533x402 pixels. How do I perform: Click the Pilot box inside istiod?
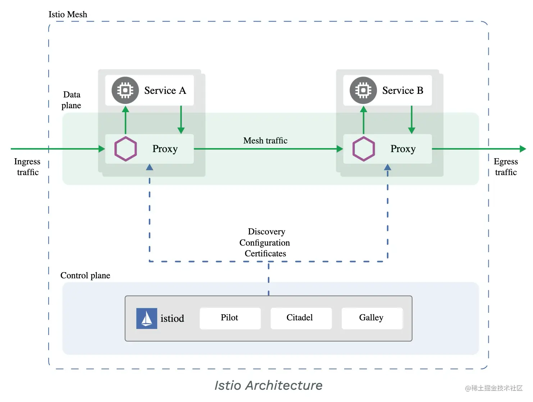pyautogui.click(x=230, y=318)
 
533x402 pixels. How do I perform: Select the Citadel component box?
pyautogui.click(x=301, y=318)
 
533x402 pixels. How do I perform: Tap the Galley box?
pyautogui.click(x=372, y=318)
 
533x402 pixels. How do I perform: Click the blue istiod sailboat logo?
pyautogui.click(x=146, y=318)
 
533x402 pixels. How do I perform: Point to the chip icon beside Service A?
pyautogui.click(x=125, y=90)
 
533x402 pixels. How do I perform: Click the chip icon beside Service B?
pyautogui.click(x=363, y=90)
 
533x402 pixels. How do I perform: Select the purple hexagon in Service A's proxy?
pyautogui.click(x=125, y=149)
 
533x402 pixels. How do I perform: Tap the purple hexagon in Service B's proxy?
pyautogui.click(x=363, y=149)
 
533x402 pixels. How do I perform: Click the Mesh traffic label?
pyautogui.click(x=265, y=141)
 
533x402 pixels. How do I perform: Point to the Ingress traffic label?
pyautogui.click(x=27, y=167)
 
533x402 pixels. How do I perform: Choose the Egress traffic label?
pyautogui.click(x=506, y=167)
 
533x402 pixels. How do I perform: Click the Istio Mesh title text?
pyautogui.click(x=68, y=14)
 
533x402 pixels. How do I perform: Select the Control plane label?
pyautogui.click(x=85, y=275)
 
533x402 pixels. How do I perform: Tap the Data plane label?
pyautogui.click(x=71, y=100)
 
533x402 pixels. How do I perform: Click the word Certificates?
pyautogui.click(x=265, y=253)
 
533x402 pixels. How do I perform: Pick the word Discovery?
pyautogui.click(x=266, y=232)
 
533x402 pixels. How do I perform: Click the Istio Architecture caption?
pyautogui.click(x=268, y=385)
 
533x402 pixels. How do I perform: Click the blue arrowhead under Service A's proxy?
pyautogui.click(x=149, y=167)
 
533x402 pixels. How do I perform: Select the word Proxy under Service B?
pyautogui.click(x=403, y=149)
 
